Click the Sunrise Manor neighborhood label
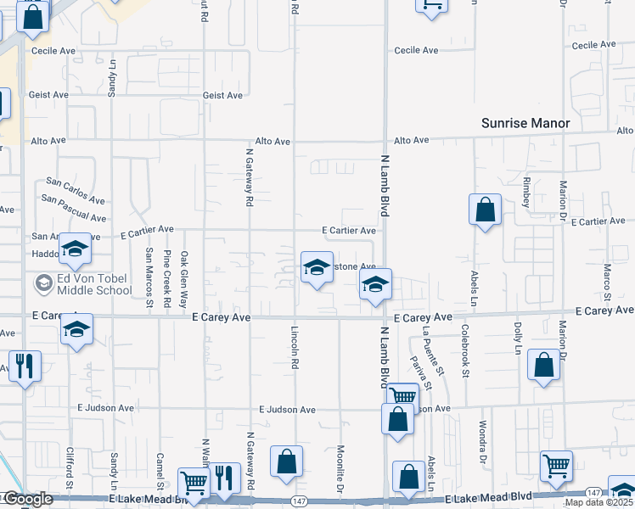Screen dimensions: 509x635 pyautogui.click(x=525, y=123)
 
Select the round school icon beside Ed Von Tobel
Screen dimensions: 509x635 pyautogui.click(x=42, y=282)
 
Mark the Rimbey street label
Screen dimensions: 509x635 pyautogui.click(x=527, y=193)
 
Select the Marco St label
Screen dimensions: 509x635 pyautogui.click(x=608, y=282)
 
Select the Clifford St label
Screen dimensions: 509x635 pyautogui.click(x=70, y=474)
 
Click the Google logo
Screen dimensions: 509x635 pyautogui.click(x=28, y=499)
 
